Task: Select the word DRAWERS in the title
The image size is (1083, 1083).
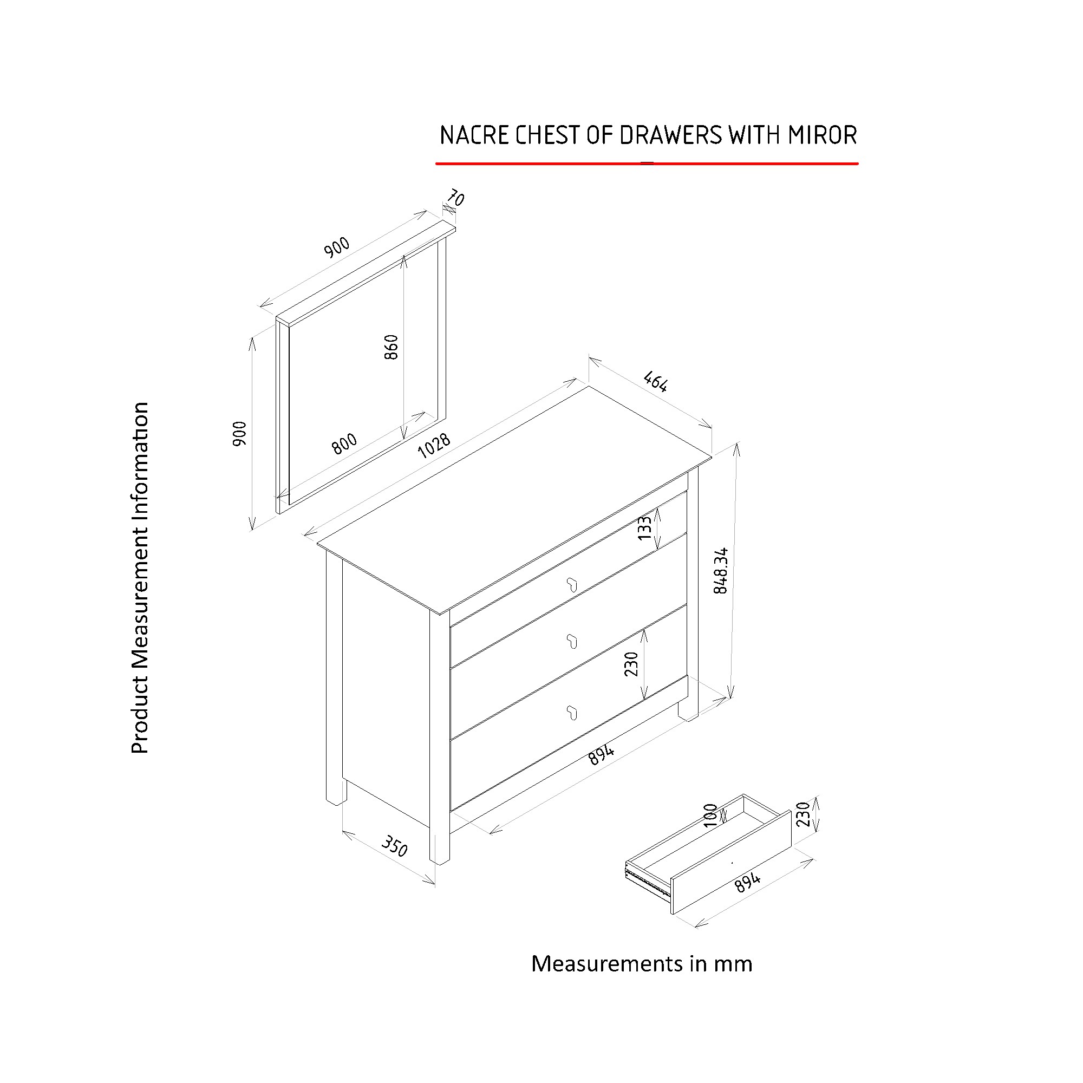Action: (670, 135)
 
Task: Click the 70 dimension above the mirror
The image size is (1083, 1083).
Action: (455, 198)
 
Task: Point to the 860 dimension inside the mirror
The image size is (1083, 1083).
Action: (392, 347)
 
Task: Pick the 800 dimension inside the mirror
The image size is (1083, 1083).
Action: (344, 443)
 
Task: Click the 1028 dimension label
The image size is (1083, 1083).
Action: (434, 446)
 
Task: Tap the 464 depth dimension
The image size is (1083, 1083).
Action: (655, 381)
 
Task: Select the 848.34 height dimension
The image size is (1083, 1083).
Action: (721, 571)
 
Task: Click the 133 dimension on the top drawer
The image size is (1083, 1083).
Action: (645, 527)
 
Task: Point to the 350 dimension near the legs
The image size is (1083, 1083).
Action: (394, 846)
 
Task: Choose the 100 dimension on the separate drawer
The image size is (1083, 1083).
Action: (710, 815)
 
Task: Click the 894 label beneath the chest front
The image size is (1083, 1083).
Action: (602, 754)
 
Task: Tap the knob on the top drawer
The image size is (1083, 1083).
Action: (572, 585)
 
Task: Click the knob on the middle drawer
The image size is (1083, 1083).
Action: (572, 641)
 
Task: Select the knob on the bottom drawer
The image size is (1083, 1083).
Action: (572, 713)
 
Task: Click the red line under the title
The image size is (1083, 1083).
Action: (647, 164)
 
